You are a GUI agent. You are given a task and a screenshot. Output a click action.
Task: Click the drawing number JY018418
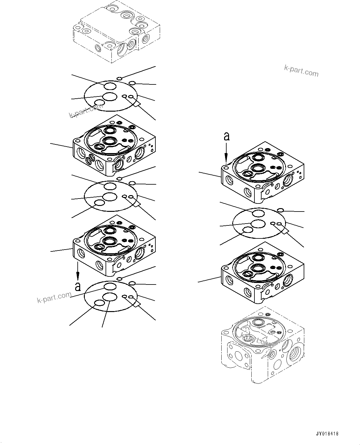pos(327,434)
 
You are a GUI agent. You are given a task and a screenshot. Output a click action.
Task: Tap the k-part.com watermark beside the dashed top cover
pos(301,71)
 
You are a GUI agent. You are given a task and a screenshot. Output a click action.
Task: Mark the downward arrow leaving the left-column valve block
pos(78,271)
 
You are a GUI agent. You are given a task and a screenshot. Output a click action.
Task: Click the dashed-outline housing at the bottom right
pos(262,345)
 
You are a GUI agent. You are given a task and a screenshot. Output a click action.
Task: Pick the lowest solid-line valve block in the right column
pos(262,272)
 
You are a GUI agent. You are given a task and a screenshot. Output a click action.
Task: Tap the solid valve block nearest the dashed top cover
pos(114,145)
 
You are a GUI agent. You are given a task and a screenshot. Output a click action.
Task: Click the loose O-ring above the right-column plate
pos(280,211)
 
